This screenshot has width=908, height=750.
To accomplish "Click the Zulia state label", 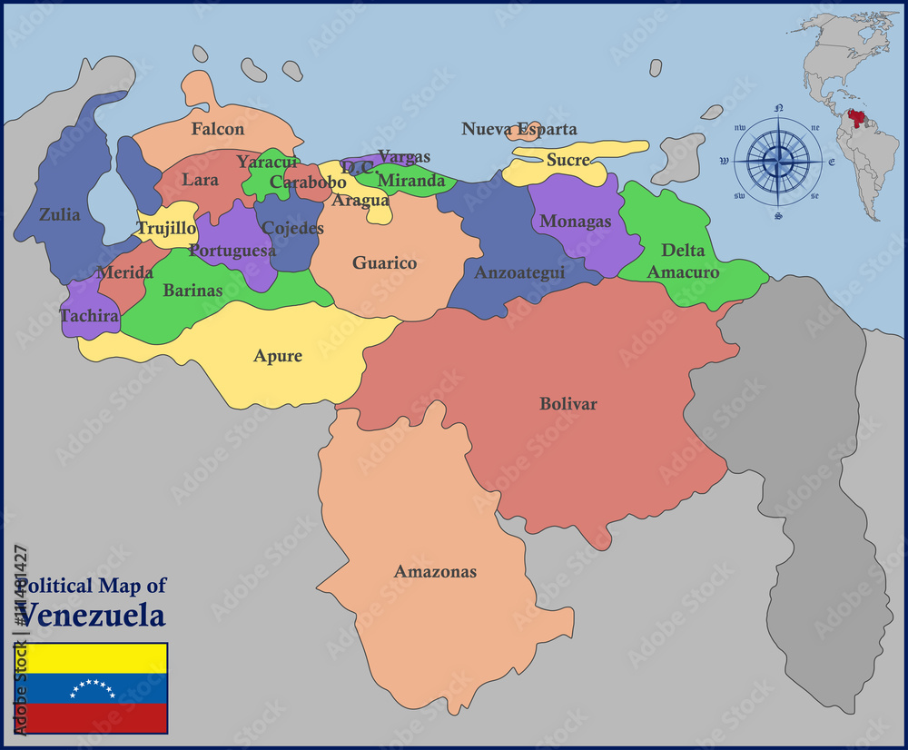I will (x=59, y=215).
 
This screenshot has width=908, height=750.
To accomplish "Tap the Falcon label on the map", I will (x=218, y=129).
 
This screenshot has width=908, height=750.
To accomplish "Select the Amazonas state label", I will (x=435, y=571).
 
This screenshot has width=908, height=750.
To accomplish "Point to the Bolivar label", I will (x=568, y=403).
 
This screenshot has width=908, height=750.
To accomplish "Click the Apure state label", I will (x=278, y=356).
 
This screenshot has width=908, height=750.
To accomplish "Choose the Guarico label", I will (x=385, y=263).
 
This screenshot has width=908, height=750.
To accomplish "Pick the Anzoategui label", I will (x=519, y=271).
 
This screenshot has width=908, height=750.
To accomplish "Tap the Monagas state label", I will (x=576, y=222).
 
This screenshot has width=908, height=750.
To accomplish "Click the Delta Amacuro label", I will (x=683, y=261).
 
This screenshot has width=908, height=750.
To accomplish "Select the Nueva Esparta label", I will (x=519, y=129).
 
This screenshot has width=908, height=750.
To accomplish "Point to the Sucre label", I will (x=568, y=161).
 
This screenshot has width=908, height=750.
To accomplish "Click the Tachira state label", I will (x=89, y=316).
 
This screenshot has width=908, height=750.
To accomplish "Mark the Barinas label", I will (x=192, y=291).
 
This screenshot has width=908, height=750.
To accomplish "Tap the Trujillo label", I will (x=166, y=228).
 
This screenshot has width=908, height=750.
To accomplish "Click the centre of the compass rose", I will (x=778, y=162).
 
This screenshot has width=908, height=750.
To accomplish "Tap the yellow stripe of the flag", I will (x=94, y=658).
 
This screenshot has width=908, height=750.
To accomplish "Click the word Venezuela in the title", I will (x=93, y=616).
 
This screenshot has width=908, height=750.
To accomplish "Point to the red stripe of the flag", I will (x=94, y=719).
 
